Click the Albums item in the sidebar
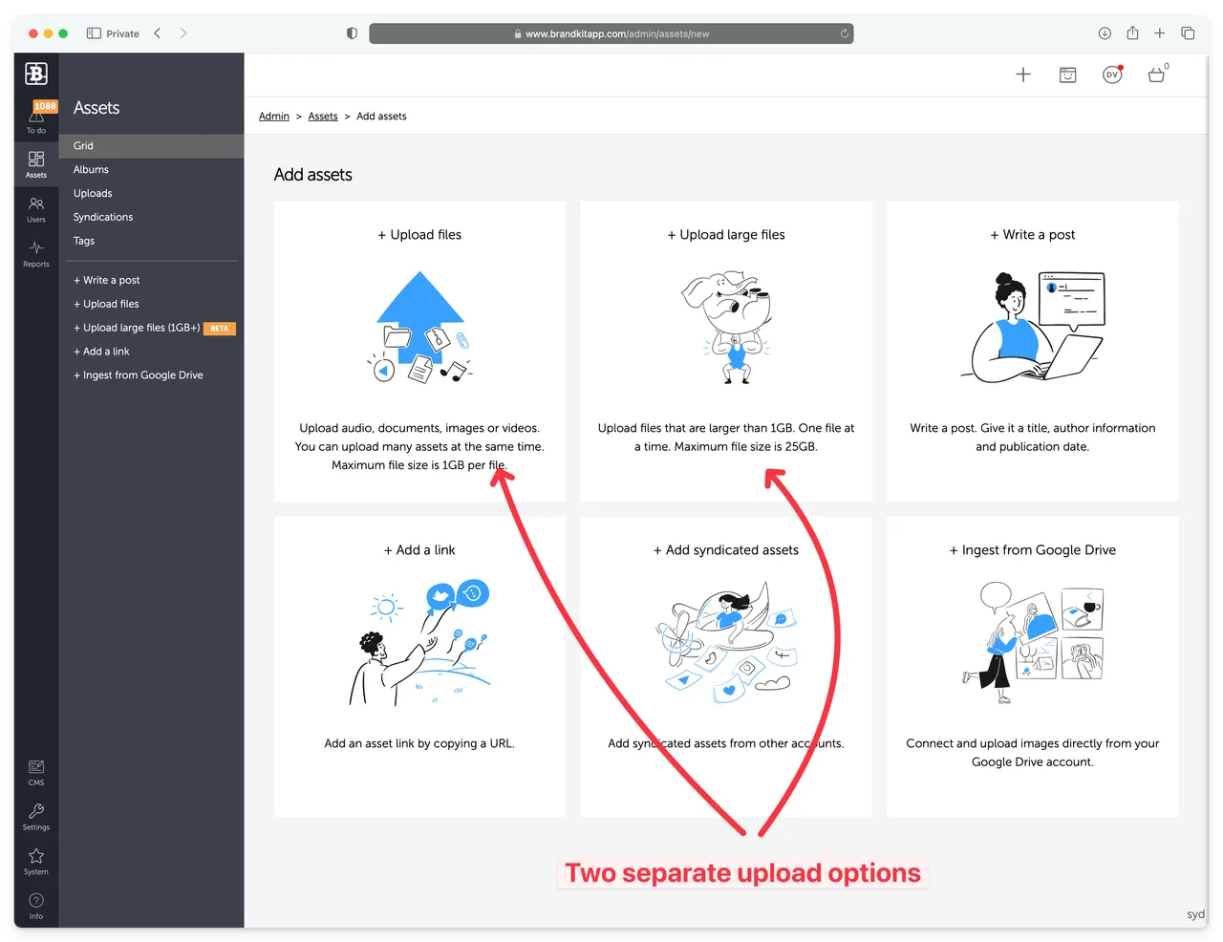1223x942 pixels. tap(91, 169)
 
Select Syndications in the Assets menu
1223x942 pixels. tap(103, 217)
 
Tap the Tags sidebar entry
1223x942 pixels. tap(84, 241)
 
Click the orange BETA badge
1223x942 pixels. tap(220, 329)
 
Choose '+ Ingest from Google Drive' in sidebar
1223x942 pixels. tap(139, 375)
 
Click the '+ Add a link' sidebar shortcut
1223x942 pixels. tap(101, 352)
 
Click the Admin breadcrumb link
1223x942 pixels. tap(273, 117)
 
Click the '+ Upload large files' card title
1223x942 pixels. tap(726, 235)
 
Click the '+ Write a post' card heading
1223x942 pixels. tap(1032, 235)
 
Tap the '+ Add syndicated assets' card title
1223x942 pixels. tap(726, 550)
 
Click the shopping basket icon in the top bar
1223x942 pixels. tap(1156, 75)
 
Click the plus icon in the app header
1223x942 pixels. tap(1023, 75)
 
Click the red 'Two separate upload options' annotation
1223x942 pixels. tap(742, 873)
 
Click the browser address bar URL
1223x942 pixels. tap(616, 33)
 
